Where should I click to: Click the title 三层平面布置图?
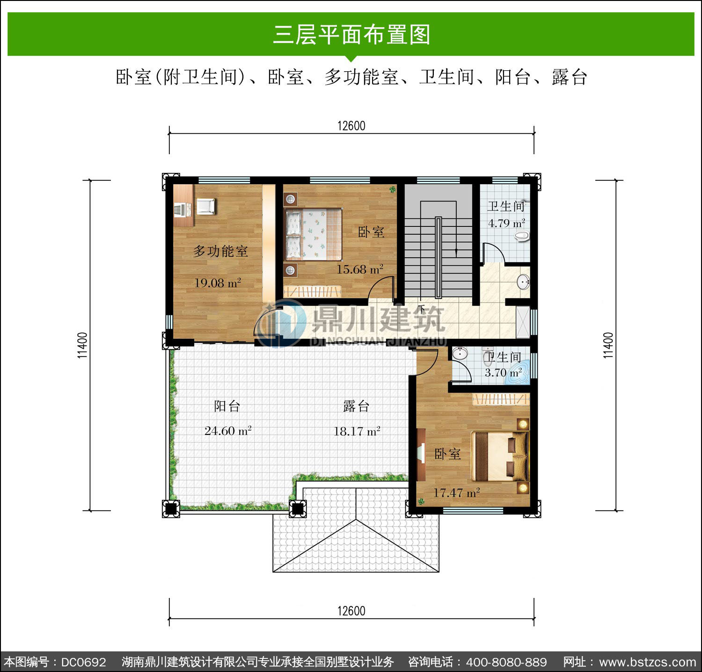coord(351,34)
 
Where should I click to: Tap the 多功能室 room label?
coord(220,251)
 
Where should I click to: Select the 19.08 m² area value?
coord(218,283)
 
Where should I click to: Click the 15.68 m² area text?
coord(360,269)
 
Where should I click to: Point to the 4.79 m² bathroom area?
coord(506,223)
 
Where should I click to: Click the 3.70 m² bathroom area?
coord(503,373)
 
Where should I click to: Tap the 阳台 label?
coord(227,406)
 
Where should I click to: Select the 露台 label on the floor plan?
coord(357,406)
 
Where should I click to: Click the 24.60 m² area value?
coord(228,430)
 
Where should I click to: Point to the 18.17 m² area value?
coord(357,431)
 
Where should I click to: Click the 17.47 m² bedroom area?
coord(456,493)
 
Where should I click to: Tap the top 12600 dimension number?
coord(351,126)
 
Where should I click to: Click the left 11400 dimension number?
coord(82,345)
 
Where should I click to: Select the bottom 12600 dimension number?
coord(351,611)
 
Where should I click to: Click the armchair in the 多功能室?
coord(206,206)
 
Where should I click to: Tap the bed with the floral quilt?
coord(313,234)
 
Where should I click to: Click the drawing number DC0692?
coord(84,662)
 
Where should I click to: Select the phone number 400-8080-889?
coord(506,662)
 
